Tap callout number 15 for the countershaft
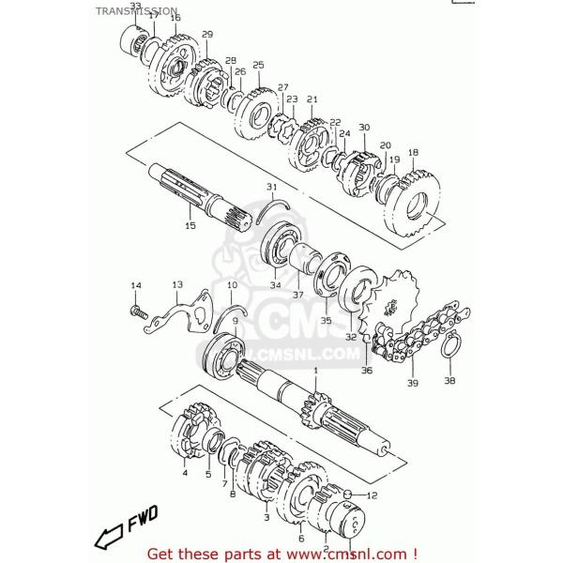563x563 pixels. point(190,225)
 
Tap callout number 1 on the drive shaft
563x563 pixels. point(315,372)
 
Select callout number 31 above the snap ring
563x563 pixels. point(271,186)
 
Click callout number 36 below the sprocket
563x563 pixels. point(366,371)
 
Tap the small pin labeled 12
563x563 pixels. point(347,494)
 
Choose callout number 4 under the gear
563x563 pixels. point(185,474)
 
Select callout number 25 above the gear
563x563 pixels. point(258,65)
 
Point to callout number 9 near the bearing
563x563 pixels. point(236,321)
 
